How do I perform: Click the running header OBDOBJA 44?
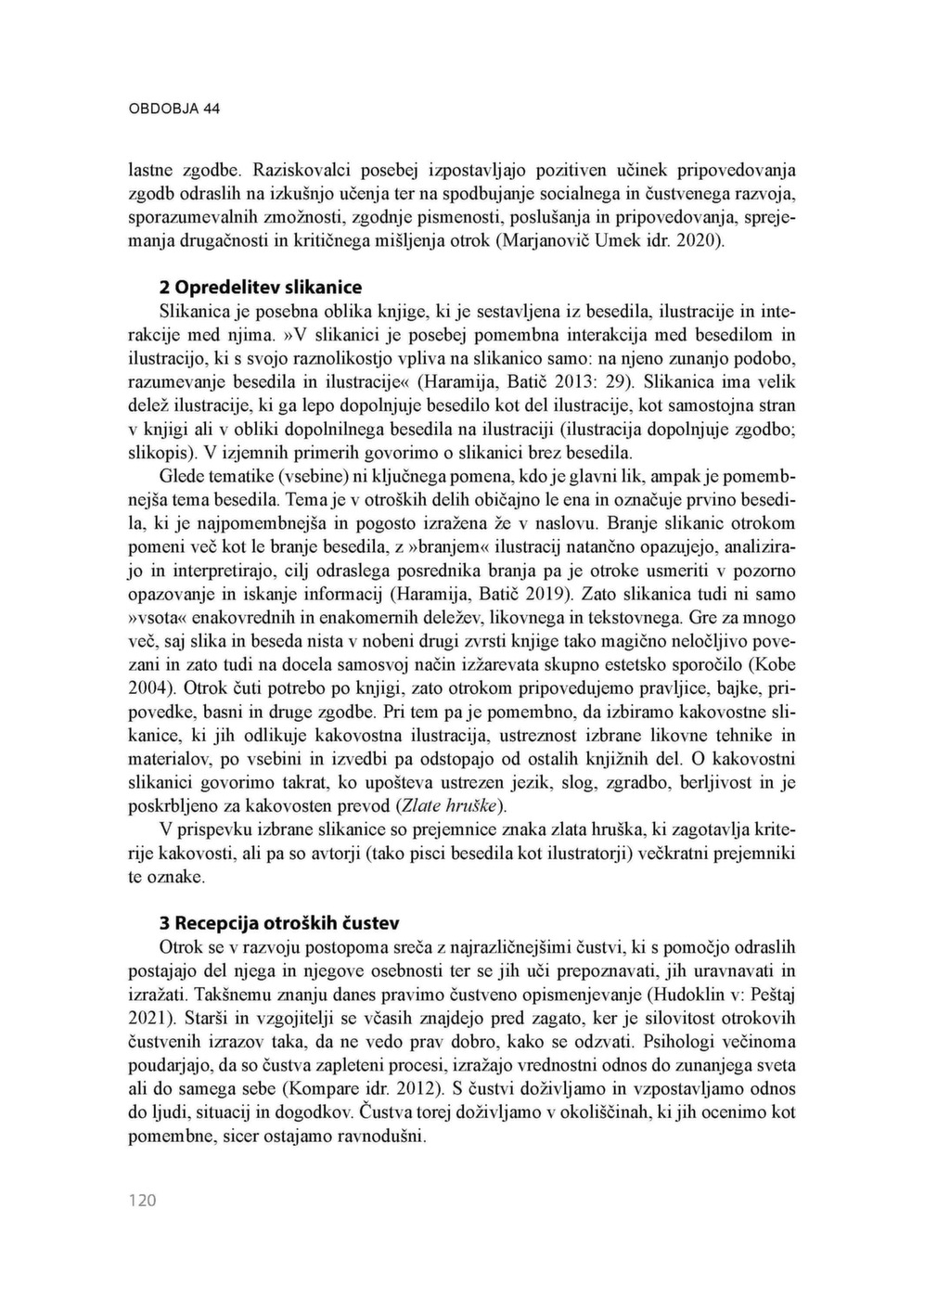(x=173, y=109)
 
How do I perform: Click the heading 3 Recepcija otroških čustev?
(x=279, y=923)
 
